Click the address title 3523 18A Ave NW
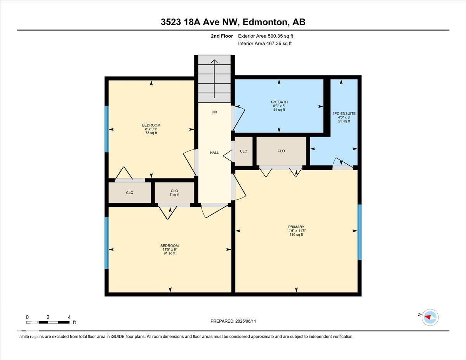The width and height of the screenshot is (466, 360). click(x=233, y=22)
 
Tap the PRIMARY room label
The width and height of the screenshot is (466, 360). click(x=296, y=231)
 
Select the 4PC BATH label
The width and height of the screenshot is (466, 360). click(x=279, y=106)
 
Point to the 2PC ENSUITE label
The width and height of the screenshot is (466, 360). click(x=344, y=117)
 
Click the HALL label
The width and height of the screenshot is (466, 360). click(x=214, y=153)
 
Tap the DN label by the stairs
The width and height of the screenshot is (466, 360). click(x=214, y=112)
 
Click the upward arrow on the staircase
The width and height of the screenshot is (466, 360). click(x=214, y=78)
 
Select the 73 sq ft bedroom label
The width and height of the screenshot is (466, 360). click(x=151, y=129)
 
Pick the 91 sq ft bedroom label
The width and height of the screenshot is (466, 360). click(x=169, y=249)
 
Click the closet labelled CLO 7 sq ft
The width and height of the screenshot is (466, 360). click(x=174, y=193)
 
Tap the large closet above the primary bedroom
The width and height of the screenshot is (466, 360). click(x=281, y=151)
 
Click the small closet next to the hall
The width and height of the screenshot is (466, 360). click(x=243, y=151)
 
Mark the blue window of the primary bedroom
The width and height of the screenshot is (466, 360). click(x=359, y=232)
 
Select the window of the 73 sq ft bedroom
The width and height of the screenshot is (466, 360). click(x=107, y=129)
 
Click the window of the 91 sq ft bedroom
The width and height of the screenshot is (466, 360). click(x=107, y=243)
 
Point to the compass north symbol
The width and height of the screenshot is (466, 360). click(x=429, y=317)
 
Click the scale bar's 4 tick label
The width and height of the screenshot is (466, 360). click(x=69, y=317)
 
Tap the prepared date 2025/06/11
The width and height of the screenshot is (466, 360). click(x=233, y=321)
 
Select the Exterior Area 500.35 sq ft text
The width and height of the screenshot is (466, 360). click(x=266, y=36)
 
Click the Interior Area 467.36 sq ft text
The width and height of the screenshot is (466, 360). click(x=264, y=43)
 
